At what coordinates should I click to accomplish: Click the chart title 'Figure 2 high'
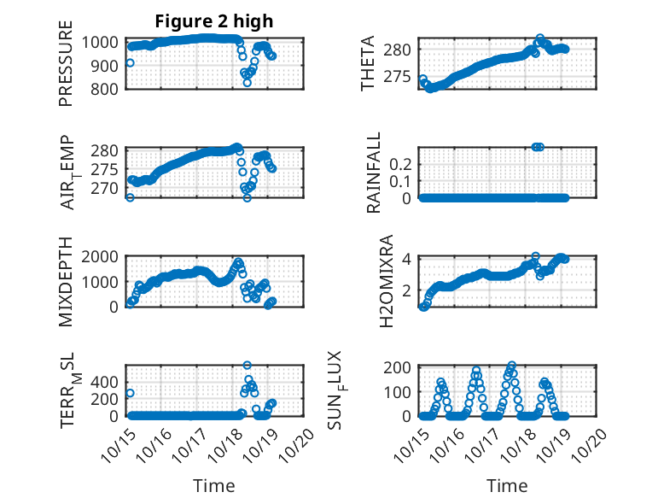pos(213,21)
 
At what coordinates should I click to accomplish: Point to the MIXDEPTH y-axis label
pos(66,281)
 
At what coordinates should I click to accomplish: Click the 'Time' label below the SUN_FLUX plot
pos(507,485)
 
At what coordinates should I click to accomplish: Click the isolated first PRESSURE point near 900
pos(130,62)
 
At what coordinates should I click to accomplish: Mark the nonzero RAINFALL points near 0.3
pos(537,147)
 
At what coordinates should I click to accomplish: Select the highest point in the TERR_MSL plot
pos(248,366)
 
